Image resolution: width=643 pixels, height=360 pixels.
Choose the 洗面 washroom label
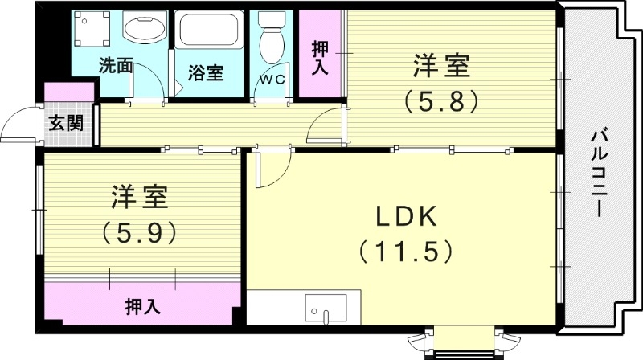pos(116,66)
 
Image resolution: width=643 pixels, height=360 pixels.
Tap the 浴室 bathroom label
pos(205,72)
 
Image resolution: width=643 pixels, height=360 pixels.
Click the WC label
pos(270,80)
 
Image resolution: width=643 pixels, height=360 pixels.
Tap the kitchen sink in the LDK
pos(326,309)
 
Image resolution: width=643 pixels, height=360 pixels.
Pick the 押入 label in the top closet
pos(320,57)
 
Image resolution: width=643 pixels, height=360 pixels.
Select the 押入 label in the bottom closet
pos(142,306)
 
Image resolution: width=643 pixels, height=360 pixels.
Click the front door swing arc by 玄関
pos(18,126)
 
